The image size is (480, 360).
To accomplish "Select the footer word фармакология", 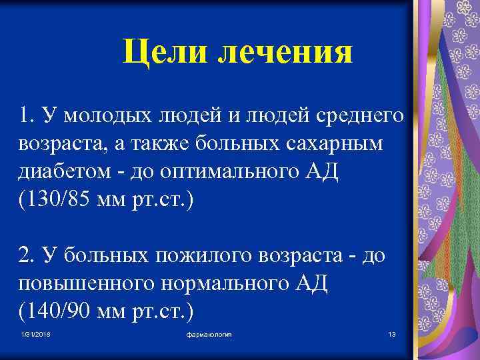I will click(209, 333).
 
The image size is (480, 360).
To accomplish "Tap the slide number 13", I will click(391, 333).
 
